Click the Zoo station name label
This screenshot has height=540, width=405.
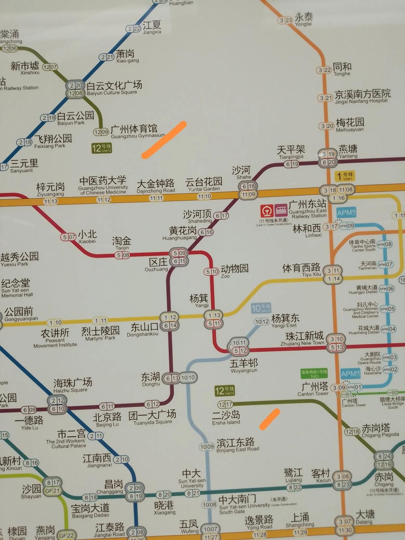pos(234,271)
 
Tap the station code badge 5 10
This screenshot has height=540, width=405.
pos(211,272)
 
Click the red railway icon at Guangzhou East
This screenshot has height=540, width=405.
pos(267,210)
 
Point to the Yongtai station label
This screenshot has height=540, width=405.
pos(303,19)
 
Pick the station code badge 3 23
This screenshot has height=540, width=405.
pos(285,21)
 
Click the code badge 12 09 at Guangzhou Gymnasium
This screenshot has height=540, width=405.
pos(101,132)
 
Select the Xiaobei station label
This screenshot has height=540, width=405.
pos(87,237)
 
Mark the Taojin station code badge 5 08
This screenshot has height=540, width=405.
pos(122,255)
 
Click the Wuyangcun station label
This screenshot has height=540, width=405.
pos(244,365)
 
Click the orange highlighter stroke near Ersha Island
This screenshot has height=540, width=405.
pos(270,419)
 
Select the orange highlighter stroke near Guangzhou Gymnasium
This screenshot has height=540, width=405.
pos(164,140)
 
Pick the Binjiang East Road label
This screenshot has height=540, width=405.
pos(237,445)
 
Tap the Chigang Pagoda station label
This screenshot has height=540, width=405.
pos(380,430)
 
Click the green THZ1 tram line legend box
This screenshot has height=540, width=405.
pos(314,374)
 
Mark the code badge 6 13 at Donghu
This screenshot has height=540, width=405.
pos(172,378)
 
